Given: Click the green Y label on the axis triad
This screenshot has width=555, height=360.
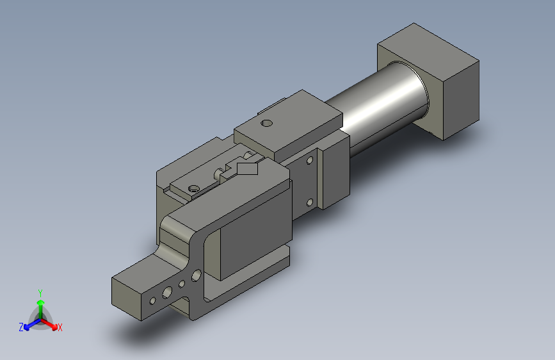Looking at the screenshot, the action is coord(40,293).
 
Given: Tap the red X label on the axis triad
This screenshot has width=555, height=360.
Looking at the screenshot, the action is coord(60,328).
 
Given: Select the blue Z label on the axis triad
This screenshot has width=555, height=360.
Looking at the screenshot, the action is coord(21,327).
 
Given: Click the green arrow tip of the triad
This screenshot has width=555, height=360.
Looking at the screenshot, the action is coord(41,302).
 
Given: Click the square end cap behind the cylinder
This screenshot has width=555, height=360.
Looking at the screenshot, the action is coord(428,81).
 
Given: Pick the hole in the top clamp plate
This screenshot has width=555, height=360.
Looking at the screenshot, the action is coord(266,123).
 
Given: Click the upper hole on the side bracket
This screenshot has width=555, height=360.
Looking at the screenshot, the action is coord(310,160).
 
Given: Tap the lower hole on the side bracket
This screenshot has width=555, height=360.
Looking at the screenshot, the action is coord(309,203).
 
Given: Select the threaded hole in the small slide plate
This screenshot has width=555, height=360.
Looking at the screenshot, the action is coord(193,188).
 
